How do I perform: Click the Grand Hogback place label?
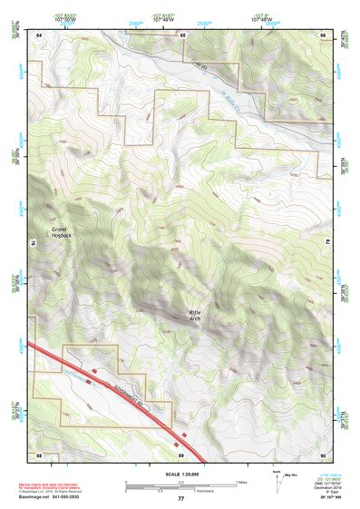pos(61,233)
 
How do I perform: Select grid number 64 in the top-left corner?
pos(39,34)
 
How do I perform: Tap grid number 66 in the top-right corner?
pos(324,34)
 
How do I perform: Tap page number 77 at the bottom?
pos(181,500)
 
